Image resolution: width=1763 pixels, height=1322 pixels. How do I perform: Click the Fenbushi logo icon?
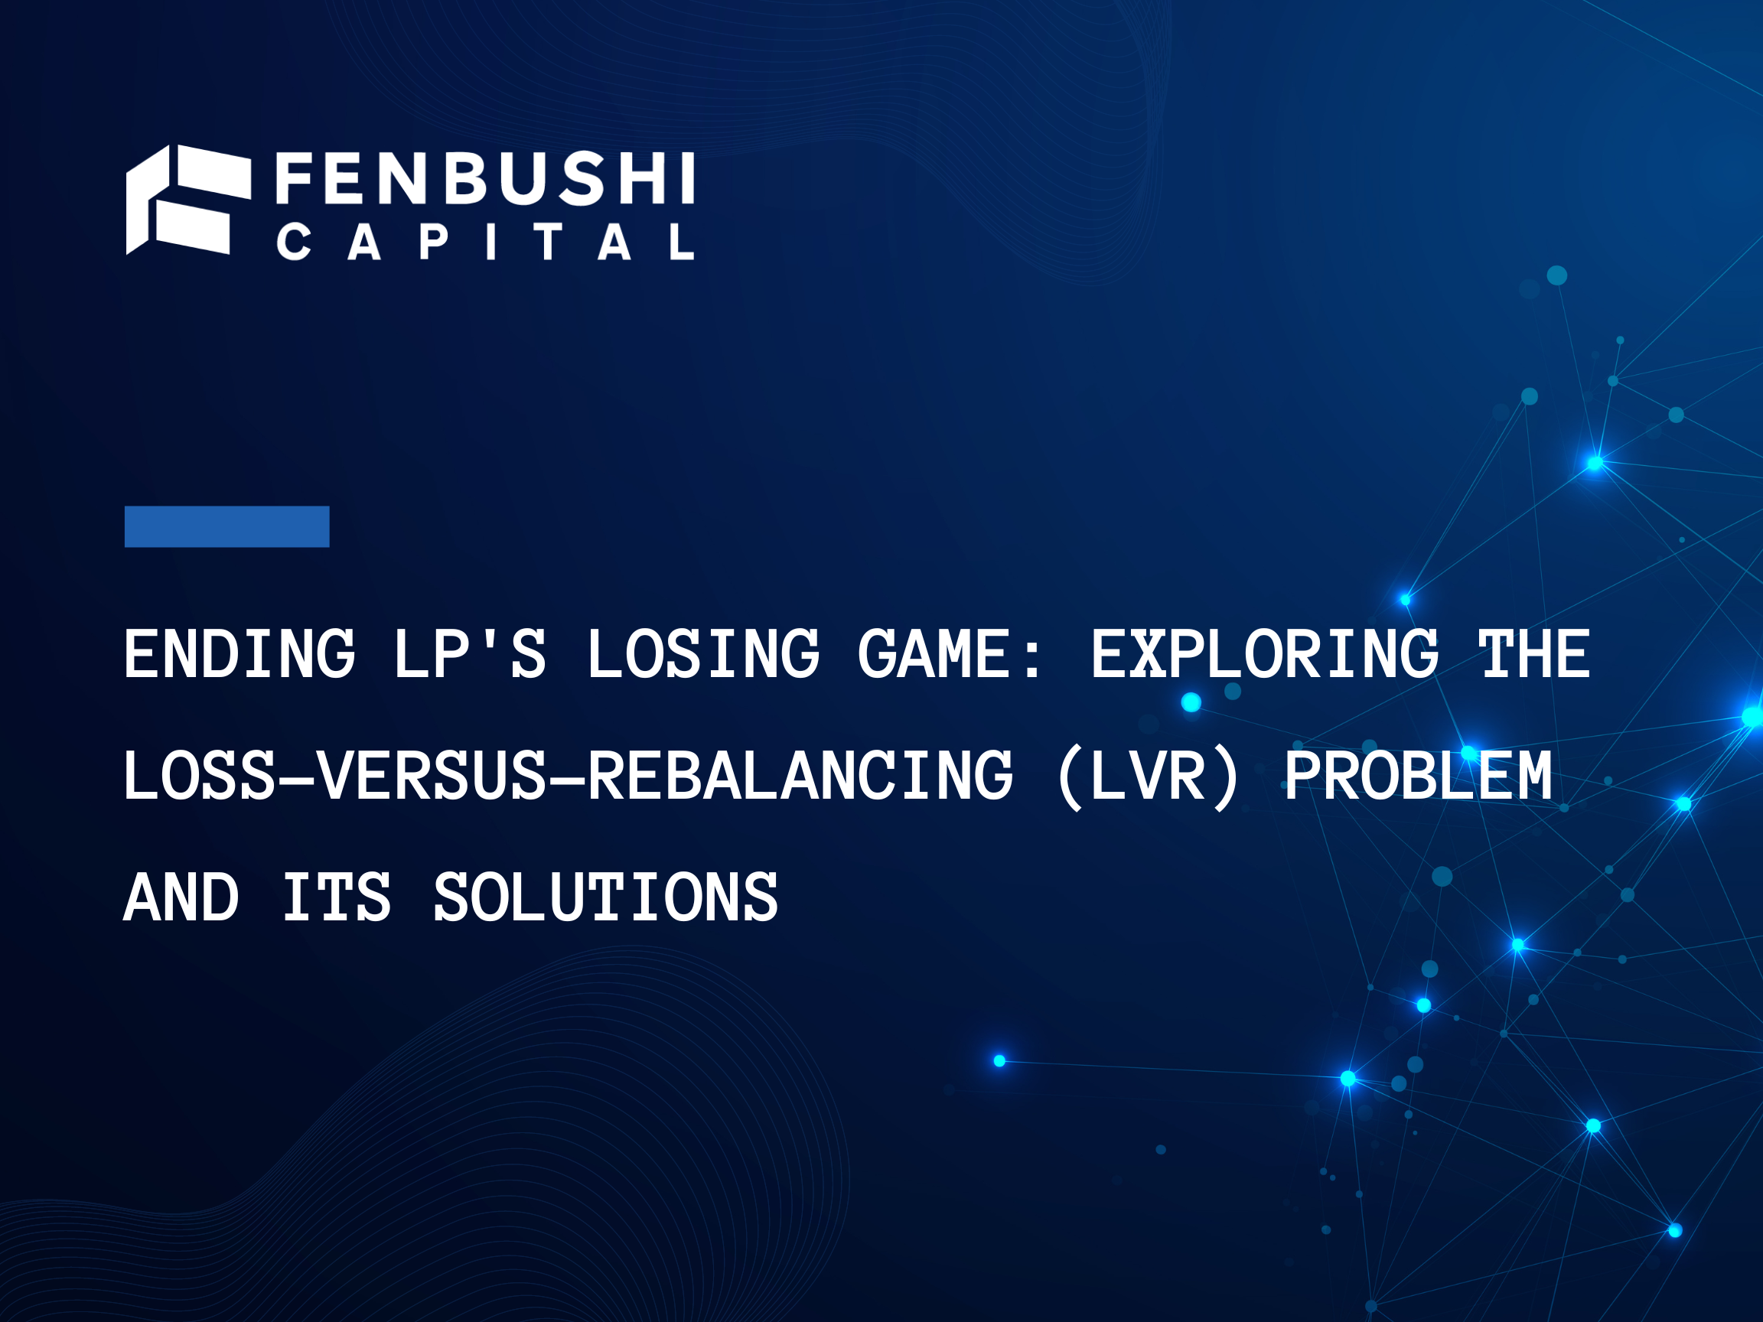coord(188,200)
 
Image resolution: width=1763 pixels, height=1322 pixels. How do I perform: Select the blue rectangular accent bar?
coord(226,526)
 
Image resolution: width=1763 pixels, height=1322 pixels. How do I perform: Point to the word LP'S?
coord(471,654)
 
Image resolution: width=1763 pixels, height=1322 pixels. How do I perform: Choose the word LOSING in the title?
coord(703,654)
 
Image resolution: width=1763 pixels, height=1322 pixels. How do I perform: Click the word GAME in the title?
coord(934,654)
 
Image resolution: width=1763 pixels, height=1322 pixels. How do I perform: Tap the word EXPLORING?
coord(1265,654)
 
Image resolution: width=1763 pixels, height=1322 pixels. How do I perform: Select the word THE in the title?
coord(1534,654)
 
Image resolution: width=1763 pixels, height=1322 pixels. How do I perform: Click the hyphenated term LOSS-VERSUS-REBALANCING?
coord(569,775)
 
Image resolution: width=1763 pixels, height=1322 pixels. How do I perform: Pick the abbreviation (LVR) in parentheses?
coord(1149,775)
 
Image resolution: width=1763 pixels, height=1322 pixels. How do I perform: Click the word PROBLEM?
coord(1418,775)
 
